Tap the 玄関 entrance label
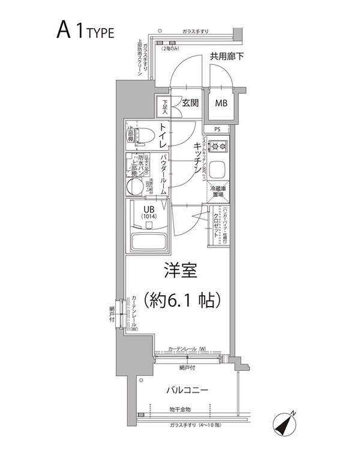pos(190,103)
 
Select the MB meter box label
pos(222,103)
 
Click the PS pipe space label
pos(217,129)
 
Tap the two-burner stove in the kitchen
pos(217,146)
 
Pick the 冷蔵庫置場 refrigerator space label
pos(217,191)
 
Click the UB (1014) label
pos(148,213)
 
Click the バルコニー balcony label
pos(187,391)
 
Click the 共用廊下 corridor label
pos(226,58)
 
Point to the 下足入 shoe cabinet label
pos(164,107)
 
